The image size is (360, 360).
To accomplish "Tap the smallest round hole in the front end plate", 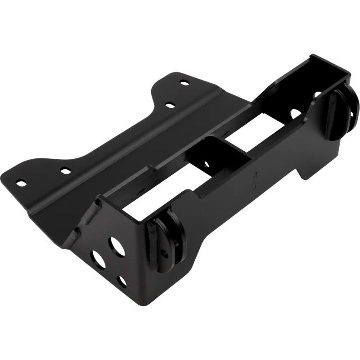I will pos(122,281).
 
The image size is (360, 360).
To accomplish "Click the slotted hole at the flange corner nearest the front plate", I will pos(21,183).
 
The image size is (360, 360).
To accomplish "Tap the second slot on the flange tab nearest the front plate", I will pos(66,171).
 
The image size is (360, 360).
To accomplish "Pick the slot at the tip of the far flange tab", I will pos(184,82).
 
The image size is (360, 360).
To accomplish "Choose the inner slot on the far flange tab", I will pos(170,105).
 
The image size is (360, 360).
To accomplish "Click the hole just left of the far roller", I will pos(317,95).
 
